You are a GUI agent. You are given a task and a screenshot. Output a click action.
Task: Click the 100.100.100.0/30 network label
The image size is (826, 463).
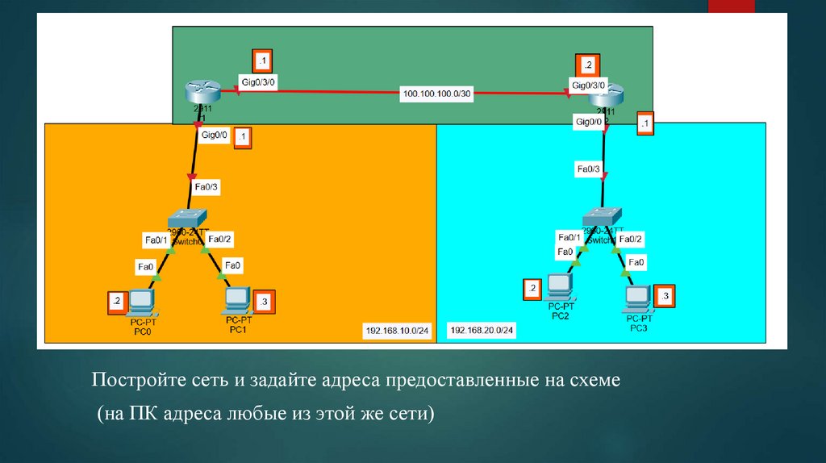pos(436,94)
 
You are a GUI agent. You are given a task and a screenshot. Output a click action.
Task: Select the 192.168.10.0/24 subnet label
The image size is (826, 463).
pos(397,330)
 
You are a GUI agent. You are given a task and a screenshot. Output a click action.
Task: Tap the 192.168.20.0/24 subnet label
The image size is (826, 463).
pos(482,330)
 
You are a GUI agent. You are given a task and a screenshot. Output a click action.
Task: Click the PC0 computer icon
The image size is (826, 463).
pos(143,302)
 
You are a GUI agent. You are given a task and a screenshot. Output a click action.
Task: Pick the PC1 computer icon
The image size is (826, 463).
pos(237,301)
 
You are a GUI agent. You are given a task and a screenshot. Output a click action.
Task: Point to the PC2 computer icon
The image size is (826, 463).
pos(560,287)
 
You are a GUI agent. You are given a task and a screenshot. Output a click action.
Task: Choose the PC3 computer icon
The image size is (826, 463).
pos(637,299)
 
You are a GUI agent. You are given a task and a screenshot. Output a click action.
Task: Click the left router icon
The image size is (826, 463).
pos(197,91)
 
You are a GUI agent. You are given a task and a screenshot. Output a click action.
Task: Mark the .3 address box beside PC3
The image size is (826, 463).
pos(665,297)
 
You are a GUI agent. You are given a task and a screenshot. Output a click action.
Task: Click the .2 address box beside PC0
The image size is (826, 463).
pos(116,302)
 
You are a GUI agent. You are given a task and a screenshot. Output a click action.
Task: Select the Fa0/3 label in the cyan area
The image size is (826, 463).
pos(587,169)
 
